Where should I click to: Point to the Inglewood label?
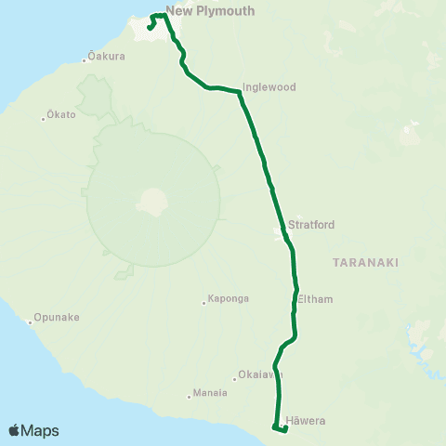click(x=269, y=87)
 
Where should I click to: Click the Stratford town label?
click(x=311, y=225)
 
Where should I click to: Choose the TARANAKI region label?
click(x=365, y=263)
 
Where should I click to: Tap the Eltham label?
click(x=315, y=299)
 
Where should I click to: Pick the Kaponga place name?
click(x=228, y=301)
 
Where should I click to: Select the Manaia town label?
click(x=210, y=393)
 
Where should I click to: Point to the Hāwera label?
click(x=306, y=421)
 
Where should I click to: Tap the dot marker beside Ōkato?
click(x=44, y=117)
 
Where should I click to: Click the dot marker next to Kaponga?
click(x=203, y=302)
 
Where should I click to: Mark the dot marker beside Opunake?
click(x=31, y=323)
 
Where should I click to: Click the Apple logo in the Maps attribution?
click(x=14, y=430)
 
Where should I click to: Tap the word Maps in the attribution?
click(x=40, y=431)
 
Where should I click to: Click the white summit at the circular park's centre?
click(x=151, y=200)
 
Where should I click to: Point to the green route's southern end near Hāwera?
click(x=275, y=427)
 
